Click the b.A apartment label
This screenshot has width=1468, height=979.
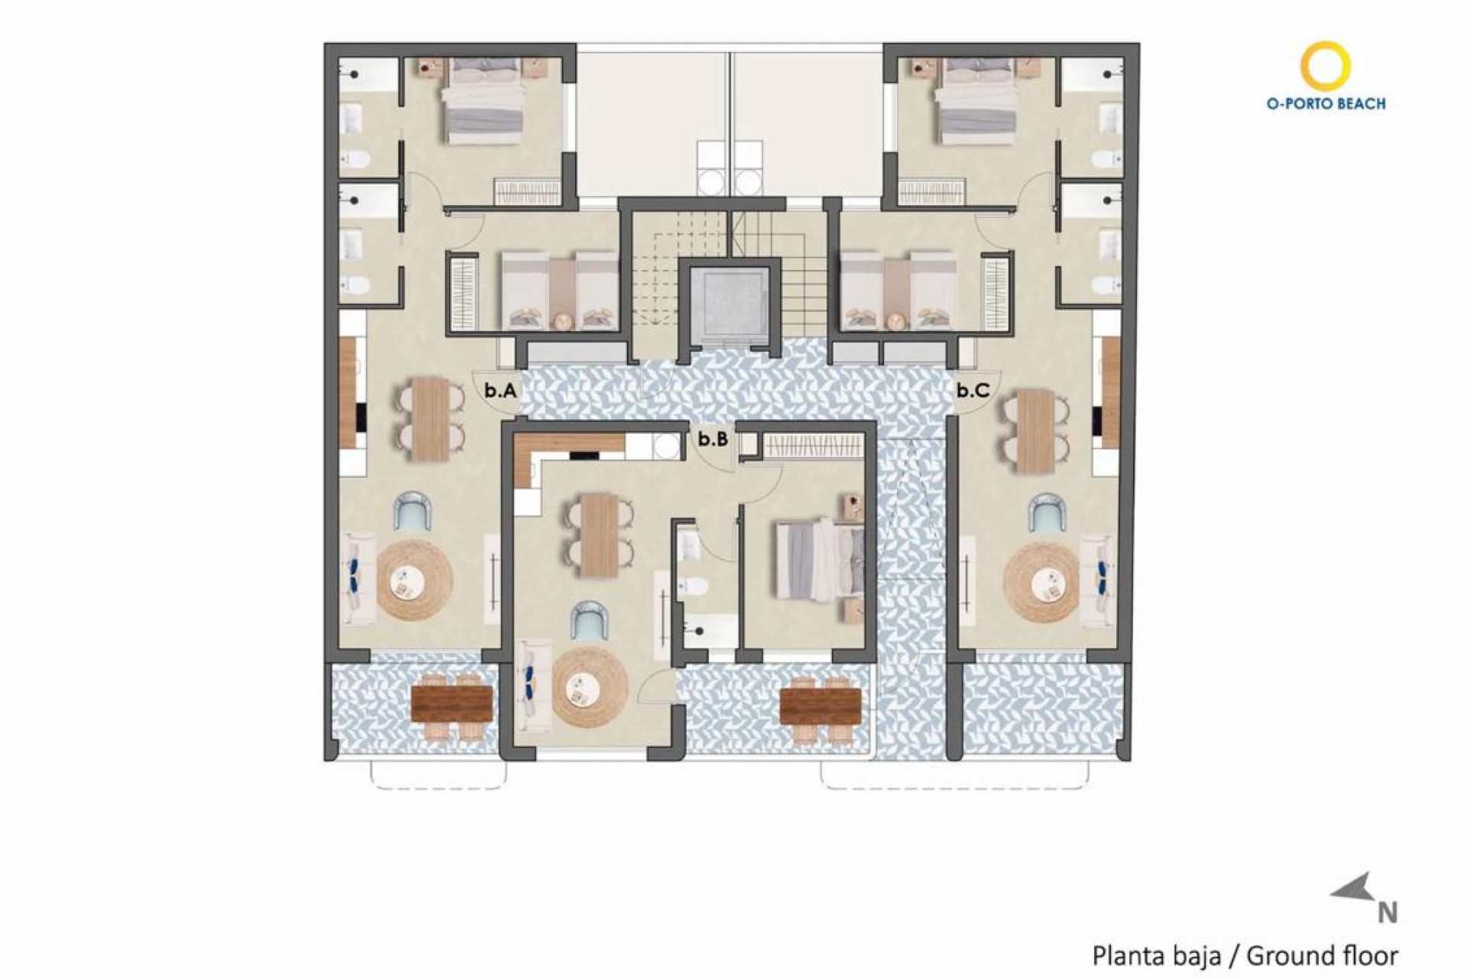500,391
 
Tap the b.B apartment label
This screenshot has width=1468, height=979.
713,439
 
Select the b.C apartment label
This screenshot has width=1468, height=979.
973,391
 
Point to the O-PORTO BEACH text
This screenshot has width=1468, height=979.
1326,103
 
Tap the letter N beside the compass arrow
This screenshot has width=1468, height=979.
1388,913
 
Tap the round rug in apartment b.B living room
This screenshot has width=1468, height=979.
589,688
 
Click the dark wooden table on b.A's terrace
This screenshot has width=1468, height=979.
451,703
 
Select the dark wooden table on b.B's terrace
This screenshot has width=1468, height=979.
820,704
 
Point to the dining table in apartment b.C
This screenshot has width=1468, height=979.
1036,431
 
